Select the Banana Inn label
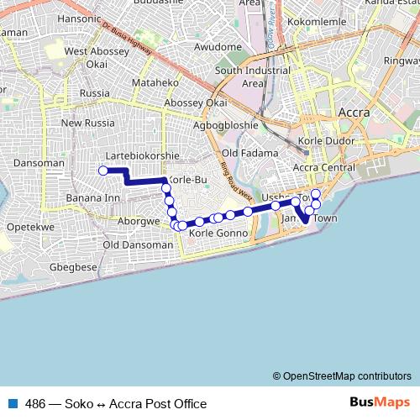(92, 198)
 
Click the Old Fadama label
(249, 153)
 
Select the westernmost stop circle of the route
(103, 171)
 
